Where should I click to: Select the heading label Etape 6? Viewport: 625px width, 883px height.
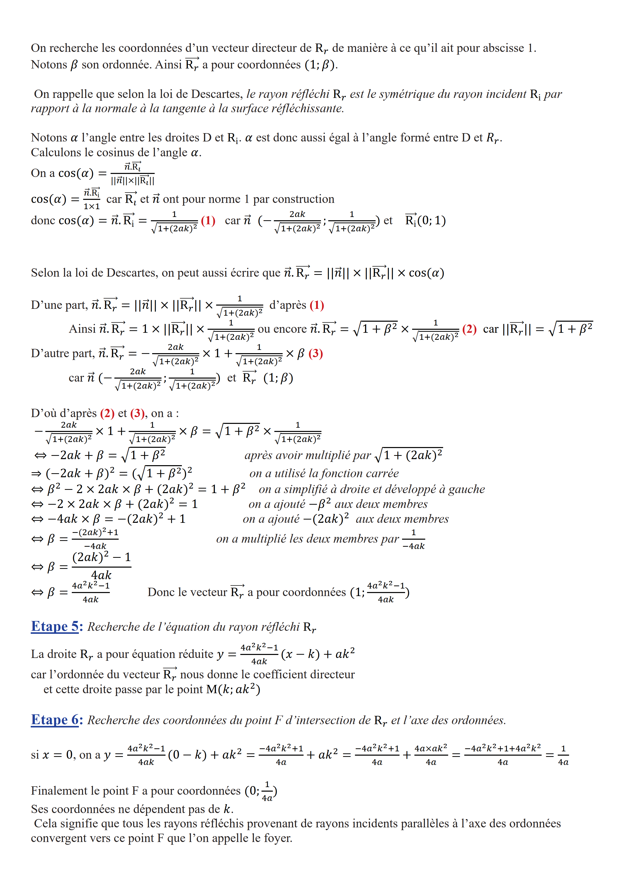(x=55, y=720)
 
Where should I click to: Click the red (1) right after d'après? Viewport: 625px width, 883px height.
(x=317, y=305)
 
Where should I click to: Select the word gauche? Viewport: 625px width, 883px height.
(x=467, y=489)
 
